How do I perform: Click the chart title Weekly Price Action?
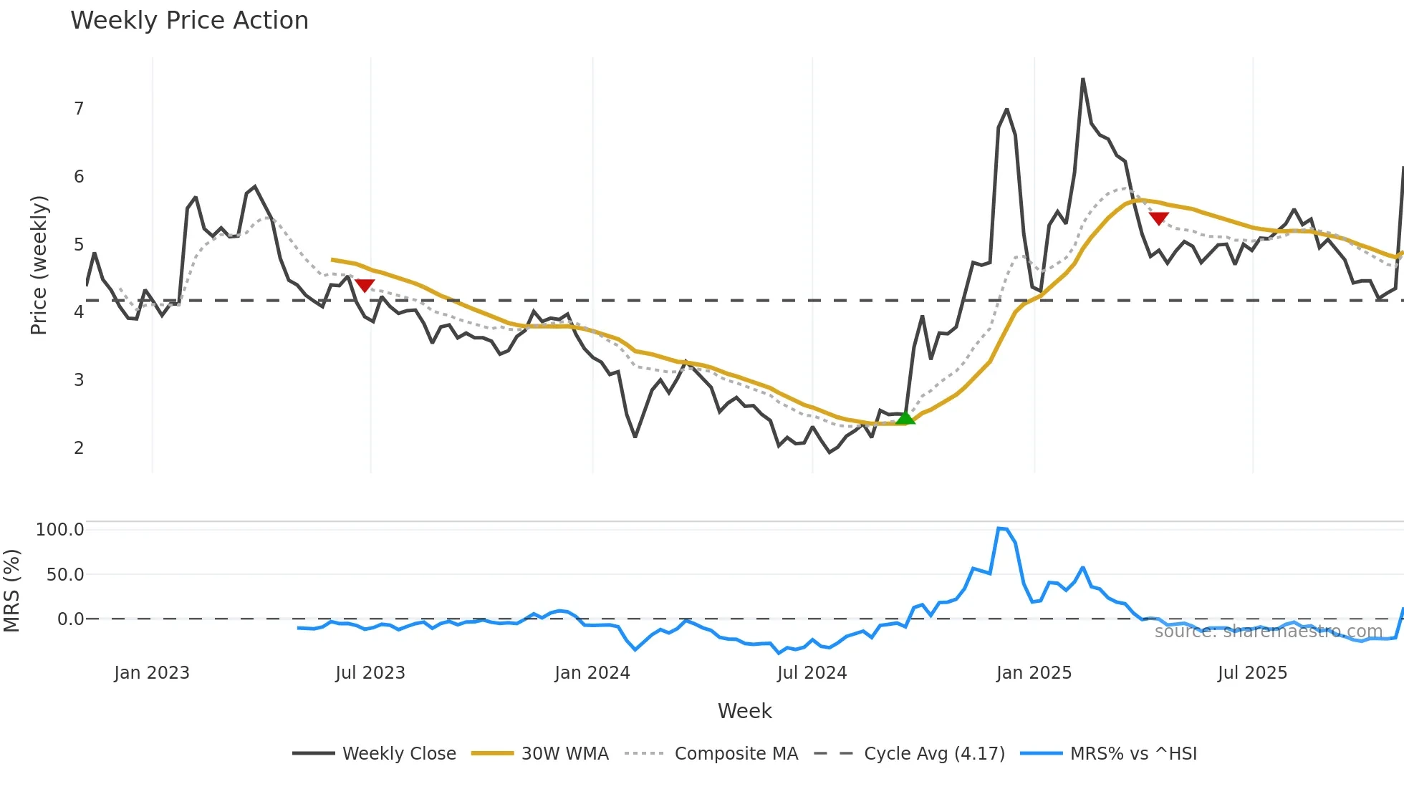pos(189,21)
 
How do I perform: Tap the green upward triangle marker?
pos(905,418)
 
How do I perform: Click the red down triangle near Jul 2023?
pos(365,285)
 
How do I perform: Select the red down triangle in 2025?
pos(1158,218)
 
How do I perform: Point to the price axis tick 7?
pos(79,109)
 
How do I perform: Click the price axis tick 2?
pos(79,448)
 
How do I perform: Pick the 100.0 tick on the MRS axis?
pos(60,530)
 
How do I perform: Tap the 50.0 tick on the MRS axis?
pos(65,575)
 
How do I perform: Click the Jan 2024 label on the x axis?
pos(592,673)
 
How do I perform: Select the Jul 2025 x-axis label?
pos(1252,673)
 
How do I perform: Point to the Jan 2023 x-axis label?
pos(152,673)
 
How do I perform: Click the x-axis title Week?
pos(744,711)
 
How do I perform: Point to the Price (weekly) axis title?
pos(39,265)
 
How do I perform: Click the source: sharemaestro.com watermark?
pos(1268,631)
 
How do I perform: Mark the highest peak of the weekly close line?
pos(1082,79)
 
